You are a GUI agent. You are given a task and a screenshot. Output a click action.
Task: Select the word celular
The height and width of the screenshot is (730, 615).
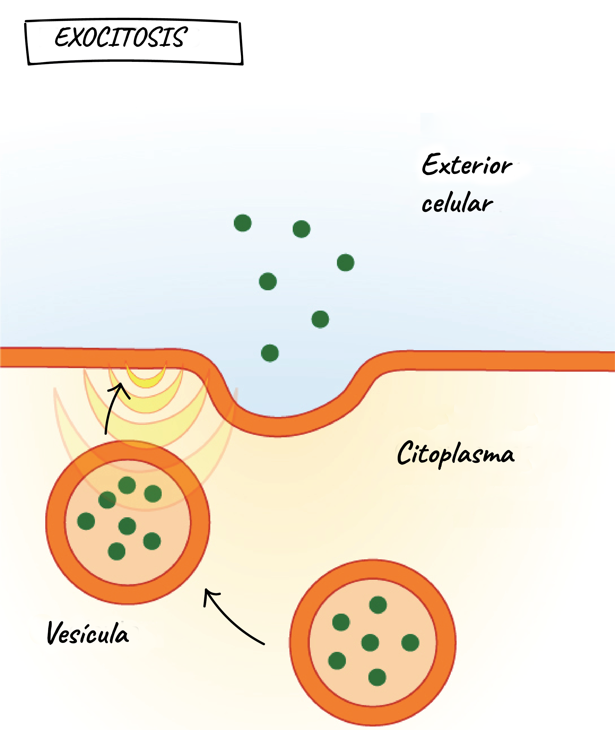click(x=457, y=203)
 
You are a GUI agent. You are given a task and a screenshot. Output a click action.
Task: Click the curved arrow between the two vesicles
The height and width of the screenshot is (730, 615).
click(x=230, y=617)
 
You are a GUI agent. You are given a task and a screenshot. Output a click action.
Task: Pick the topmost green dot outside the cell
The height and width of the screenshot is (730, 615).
click(x=243, y=223)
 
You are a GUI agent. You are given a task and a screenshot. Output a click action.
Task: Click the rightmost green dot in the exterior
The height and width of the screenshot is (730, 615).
click(x=346, y=263)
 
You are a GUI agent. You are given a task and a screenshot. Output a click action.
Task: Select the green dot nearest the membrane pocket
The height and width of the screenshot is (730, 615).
click(x=270, y=353)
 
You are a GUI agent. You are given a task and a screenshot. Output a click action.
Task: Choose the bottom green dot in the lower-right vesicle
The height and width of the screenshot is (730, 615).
click(x=377, y=677)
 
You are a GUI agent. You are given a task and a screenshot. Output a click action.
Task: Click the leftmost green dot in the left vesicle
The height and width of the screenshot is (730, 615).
click(x=86, y=521)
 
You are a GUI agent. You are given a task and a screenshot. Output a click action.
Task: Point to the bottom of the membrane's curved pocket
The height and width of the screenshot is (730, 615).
click(x=279, y=426)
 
